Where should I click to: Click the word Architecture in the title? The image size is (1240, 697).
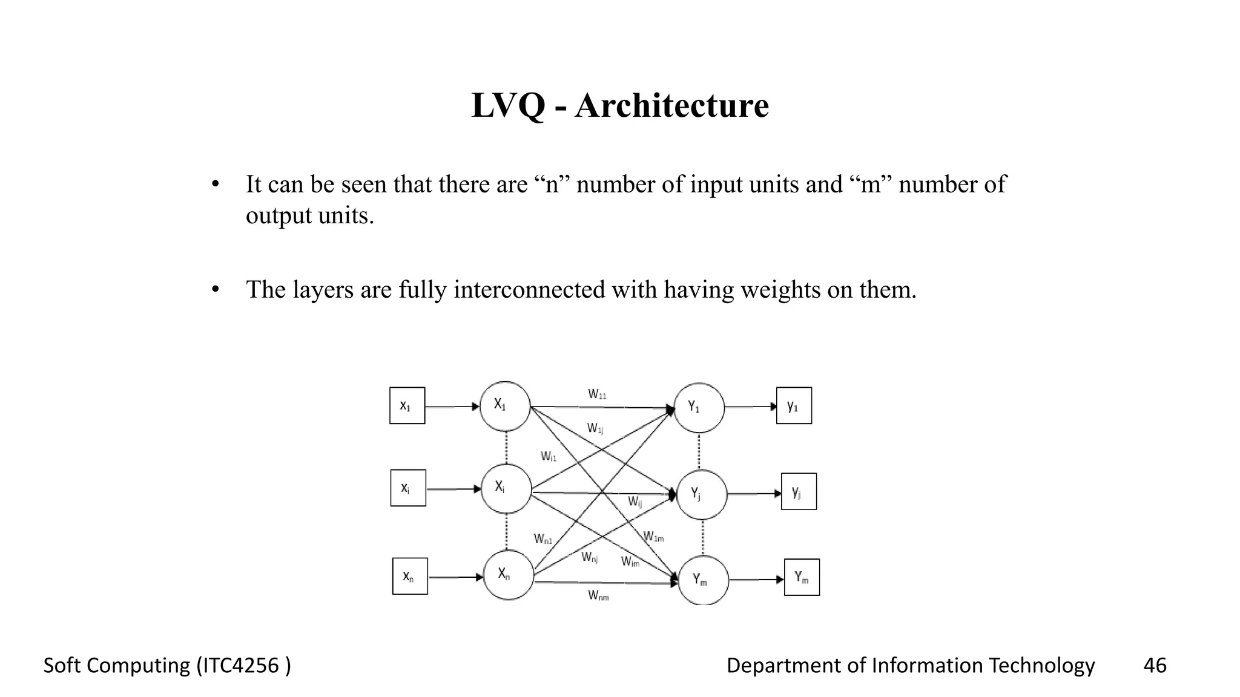click(x=671, y=106)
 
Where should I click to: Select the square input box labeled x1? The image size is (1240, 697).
click(x=407, y=405)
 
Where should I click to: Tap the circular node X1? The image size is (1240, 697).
click(x=505, y=406)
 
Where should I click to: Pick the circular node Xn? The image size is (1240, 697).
click(x=509, y=575)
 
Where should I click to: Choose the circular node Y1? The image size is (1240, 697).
click(x=699, y=408)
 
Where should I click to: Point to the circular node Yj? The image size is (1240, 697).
click(x=701, y=495)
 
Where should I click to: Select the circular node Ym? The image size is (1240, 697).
click(x=703, y=580)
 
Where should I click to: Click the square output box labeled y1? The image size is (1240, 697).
click(x=794, y=405)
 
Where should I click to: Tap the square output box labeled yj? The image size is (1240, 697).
click(x=799, y=491)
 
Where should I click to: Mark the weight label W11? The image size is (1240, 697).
click(x=597, y=394)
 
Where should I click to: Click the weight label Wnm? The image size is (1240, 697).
click(x=598, y=596)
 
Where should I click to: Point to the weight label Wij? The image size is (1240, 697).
click(x=635, y=502)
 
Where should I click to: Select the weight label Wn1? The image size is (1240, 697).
click(x=542, y=538)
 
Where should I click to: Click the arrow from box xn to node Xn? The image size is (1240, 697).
click(x=455, y=577)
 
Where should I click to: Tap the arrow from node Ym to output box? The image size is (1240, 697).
click(x=756, y=580)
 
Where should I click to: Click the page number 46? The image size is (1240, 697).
click(x=1155, y=666)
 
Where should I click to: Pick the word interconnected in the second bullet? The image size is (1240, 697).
click(x=529, y=290)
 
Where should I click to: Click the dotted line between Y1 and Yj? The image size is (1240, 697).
click(x=699, y=451)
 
